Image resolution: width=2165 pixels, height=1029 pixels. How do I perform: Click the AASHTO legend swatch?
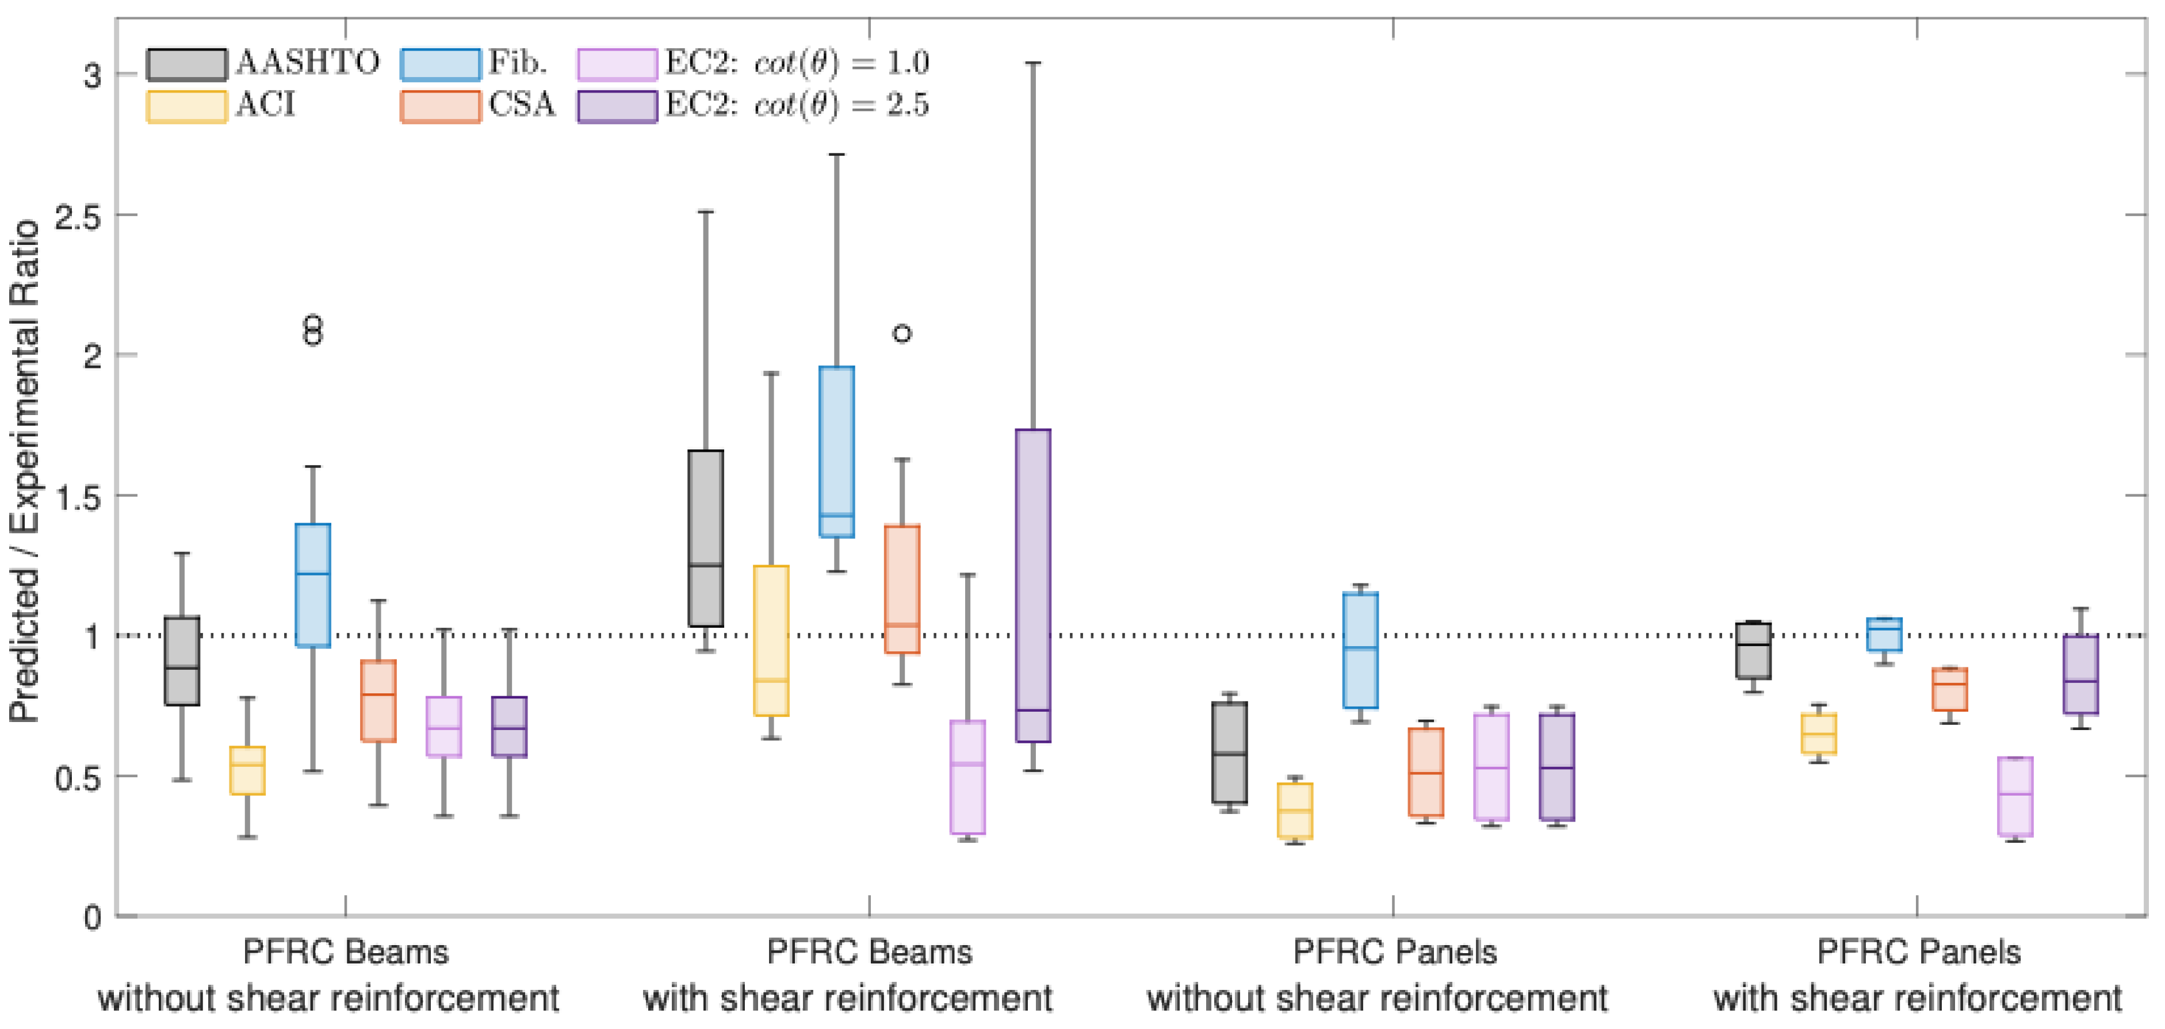click(x=186, y=64)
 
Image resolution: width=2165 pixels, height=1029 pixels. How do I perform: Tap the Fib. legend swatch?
click(x=441, y=64)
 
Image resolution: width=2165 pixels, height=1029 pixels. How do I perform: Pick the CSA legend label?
click(x=522, y=105)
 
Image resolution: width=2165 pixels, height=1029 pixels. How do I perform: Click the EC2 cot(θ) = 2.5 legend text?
click(x=797, y=105)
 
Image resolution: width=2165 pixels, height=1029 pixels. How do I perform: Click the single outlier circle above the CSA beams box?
click(x=902, y=333)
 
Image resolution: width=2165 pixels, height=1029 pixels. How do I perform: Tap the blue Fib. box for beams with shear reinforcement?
click(x=836, y=452)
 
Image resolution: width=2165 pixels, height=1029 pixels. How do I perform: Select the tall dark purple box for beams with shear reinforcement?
click(x=1033, y=585)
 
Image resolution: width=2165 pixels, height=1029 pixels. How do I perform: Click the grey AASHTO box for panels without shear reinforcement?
click(x=1230, y=752)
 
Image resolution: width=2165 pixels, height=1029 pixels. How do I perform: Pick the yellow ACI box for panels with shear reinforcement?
click(x=1819, y=734)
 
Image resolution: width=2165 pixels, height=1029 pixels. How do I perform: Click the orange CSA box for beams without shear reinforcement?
click(x=378, y=701)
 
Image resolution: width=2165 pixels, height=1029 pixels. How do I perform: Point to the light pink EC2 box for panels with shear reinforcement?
click(x=2015, y=796)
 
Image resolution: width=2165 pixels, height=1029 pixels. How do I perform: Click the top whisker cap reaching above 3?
click(x=1033, y=63)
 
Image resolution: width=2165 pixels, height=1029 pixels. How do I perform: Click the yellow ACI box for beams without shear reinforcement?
click(x=247, y=770)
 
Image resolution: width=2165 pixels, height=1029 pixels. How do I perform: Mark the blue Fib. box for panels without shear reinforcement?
click(x=1361, y=650)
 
